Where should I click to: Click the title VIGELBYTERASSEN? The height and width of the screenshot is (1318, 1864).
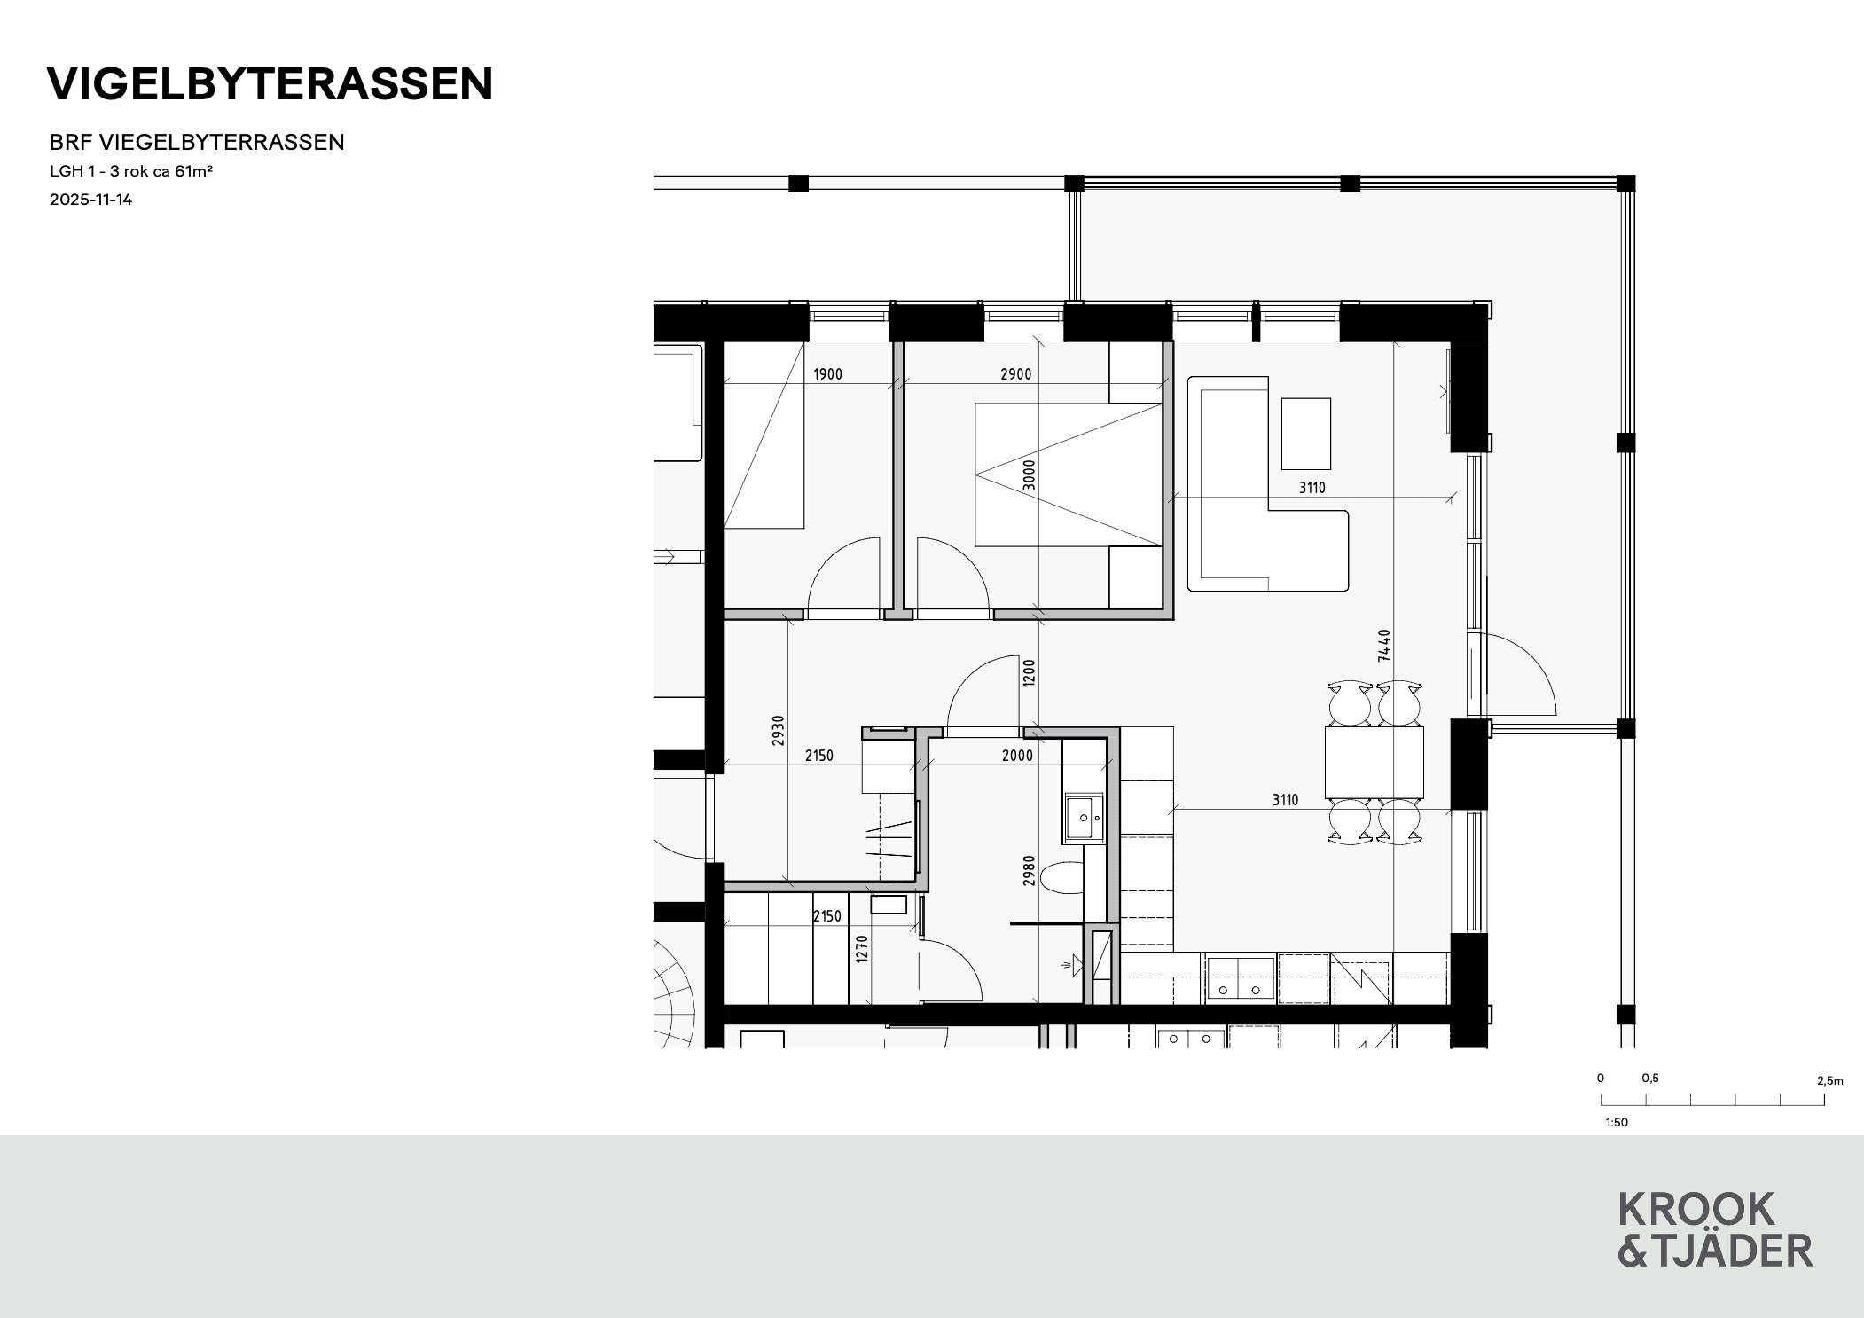click(270, 84)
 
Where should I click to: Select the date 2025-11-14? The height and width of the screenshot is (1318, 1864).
click(90, 200)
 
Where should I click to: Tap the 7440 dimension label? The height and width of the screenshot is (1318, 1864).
click(1384, 646)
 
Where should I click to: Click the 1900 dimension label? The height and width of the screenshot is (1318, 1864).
click(827, 374)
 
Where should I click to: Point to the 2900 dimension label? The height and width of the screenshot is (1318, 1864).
click(1015, 374)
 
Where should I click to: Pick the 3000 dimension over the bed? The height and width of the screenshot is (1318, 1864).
click(1029, 475)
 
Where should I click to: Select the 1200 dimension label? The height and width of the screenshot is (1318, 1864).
click(1029, 672)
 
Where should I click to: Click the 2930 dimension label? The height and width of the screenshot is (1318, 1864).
click(778, 730)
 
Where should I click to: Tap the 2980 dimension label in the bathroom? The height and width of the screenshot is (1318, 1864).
click(1029, 871)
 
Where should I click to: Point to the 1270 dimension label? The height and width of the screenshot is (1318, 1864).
click(861, 950)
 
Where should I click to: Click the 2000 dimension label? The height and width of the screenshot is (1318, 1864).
click(1017, 756)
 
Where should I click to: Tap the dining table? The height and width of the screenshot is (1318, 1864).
click(1375, 762)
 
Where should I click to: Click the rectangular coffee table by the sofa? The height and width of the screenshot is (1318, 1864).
click(1306, 434)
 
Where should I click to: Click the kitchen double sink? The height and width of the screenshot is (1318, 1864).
click(1241, 980)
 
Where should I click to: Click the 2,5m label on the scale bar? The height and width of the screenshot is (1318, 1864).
click(1829, 1080)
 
